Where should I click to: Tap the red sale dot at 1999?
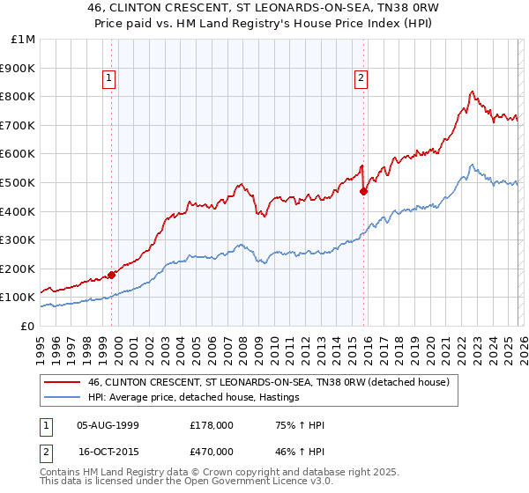click(112, 275)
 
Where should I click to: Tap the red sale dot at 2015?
click(363, 191)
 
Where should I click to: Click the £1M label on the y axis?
click(23, 40)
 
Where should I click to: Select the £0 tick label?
click(28, 326)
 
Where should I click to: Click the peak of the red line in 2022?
click(473, 91)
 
